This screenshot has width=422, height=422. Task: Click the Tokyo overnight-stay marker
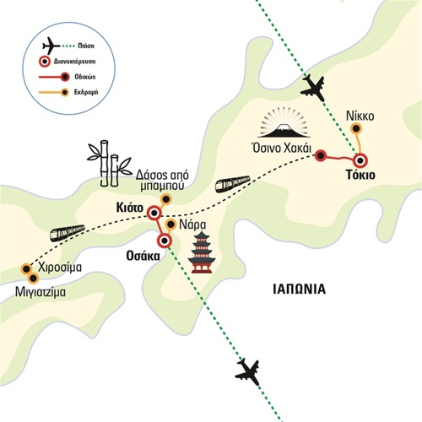pos(360,161)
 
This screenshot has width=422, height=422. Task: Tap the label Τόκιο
pos(360,175)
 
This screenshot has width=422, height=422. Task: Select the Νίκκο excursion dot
pos(357,129)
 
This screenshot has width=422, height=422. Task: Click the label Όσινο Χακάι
pos(282,148)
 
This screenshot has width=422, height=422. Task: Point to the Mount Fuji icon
pos(285,123)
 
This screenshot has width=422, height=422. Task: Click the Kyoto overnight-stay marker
pos(154,214)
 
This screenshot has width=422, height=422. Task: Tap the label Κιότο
pos(130,208)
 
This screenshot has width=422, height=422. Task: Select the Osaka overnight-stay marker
pos(165,241)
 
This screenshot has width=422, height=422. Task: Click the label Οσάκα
pos(143,256)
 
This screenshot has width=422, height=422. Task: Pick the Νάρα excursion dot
pos(170,225)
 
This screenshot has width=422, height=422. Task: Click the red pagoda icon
pos(202,252)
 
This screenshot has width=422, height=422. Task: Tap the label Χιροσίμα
pos(60,267)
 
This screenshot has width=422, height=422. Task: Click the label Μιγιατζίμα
pos(41,292)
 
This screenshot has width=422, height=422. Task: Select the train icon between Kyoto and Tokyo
pos(233,184)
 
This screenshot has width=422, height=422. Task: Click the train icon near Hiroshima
pos(68,233)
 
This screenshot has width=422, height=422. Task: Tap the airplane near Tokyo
pos(313,88)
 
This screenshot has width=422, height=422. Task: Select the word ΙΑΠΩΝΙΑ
pos(300,289)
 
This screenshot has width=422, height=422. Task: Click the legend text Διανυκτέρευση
pos(74,62)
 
